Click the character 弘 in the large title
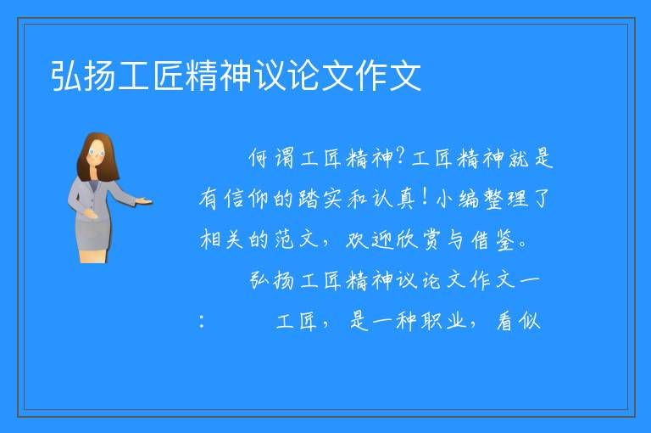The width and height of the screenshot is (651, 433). point(66,76)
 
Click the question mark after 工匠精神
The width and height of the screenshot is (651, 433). point(401,156)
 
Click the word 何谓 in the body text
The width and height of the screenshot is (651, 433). point(271,158)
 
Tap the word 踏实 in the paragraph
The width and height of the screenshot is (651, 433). point(320,199)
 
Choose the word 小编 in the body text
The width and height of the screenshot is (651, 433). point(458,199)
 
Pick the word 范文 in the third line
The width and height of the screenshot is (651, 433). point(296,240)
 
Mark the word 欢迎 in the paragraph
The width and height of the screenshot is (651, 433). point(369,240)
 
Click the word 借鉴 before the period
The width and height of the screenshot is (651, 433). point(493,240)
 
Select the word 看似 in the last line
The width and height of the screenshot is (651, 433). point(519,321)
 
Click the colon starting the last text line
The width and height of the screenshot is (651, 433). point(202,322)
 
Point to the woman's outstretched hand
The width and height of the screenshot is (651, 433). point(144,202)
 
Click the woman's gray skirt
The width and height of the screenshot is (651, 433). point(93,233)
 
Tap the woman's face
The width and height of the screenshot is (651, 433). point(97,153)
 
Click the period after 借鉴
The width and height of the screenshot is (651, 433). point(523,245)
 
